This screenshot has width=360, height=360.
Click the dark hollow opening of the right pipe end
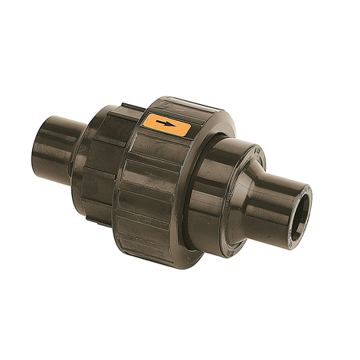(304, 205)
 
